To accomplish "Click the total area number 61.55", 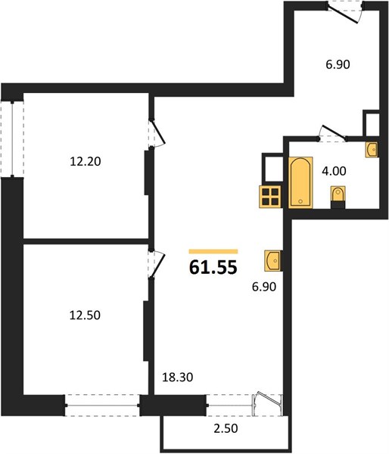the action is (x=213, y=267).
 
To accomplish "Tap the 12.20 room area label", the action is (x=86, y=162).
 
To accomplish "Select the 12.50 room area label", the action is (x=85, y=315).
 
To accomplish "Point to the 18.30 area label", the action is (x=177, y=378).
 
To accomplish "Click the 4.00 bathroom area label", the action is (x=334, y=171).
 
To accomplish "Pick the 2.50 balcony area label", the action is (x=226, y=428).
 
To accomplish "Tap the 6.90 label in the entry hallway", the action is (x=338, y=64).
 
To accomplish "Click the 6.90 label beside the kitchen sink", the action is (x=264, y=287).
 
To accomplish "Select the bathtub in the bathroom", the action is (x=300, y=182).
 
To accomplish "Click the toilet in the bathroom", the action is (x=338, y=197).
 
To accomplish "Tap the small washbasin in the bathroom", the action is (x=372, y=150).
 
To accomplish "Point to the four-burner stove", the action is (x=270, y=197).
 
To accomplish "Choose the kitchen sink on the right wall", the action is (x=272, y=261).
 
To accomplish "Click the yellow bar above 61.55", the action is (x=213, y=251).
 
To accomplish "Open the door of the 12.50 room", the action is (x=157, y=264).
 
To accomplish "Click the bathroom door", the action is (x=332, y=133).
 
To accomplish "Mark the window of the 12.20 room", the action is (x=12, y=139).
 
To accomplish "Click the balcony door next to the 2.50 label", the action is (x=267, y=404).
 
